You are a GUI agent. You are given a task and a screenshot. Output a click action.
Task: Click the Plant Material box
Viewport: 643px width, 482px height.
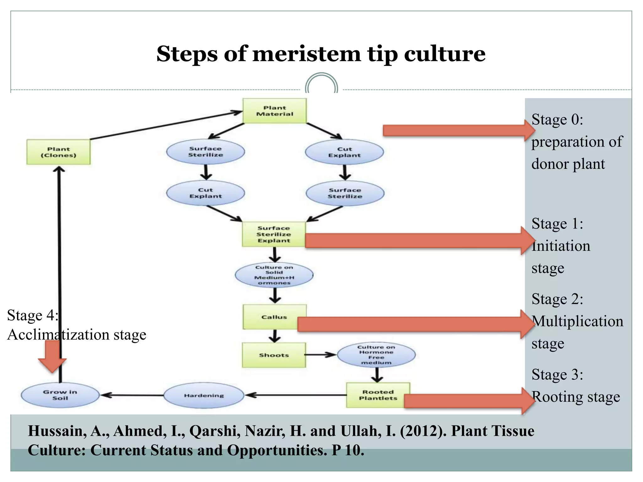tap(274, 111)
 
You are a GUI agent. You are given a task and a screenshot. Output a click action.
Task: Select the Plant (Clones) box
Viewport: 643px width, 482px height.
tap(58, 152)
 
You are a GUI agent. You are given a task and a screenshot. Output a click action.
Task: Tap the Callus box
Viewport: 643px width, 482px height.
tap(274, 317)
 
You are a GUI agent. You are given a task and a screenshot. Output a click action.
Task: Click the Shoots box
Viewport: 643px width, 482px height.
tap(274, 355)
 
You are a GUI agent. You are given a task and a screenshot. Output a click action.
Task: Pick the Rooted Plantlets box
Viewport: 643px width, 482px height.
tap(378, 395)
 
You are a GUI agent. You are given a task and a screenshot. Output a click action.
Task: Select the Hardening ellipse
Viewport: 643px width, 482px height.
tap(204, 395)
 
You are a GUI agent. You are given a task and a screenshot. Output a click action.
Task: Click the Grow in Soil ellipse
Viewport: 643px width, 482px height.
tap(60, 395)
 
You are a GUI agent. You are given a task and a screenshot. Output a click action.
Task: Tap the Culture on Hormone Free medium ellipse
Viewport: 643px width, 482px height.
tap(376, 355)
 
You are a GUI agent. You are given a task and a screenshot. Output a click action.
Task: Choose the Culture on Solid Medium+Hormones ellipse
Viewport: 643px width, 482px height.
tap(274, 275)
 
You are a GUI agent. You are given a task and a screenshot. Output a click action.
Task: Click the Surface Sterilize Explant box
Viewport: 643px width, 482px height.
tap(274, 234)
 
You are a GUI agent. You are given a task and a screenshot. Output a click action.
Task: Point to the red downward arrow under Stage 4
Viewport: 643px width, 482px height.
tap(52, 356)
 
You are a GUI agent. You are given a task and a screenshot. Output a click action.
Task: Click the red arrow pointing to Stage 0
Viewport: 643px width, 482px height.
tap(459, 130)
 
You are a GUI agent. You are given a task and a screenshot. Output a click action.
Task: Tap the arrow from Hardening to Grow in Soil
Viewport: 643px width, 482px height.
tap(132, 395)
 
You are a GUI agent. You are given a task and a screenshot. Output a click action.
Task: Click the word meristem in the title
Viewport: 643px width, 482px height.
tap(307, 54)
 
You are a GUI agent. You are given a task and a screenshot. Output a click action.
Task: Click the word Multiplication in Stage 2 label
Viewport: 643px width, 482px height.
tap(578, 321)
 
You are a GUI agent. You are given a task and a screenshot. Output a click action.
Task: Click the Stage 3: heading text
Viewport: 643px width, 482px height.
tap(557, 374)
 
